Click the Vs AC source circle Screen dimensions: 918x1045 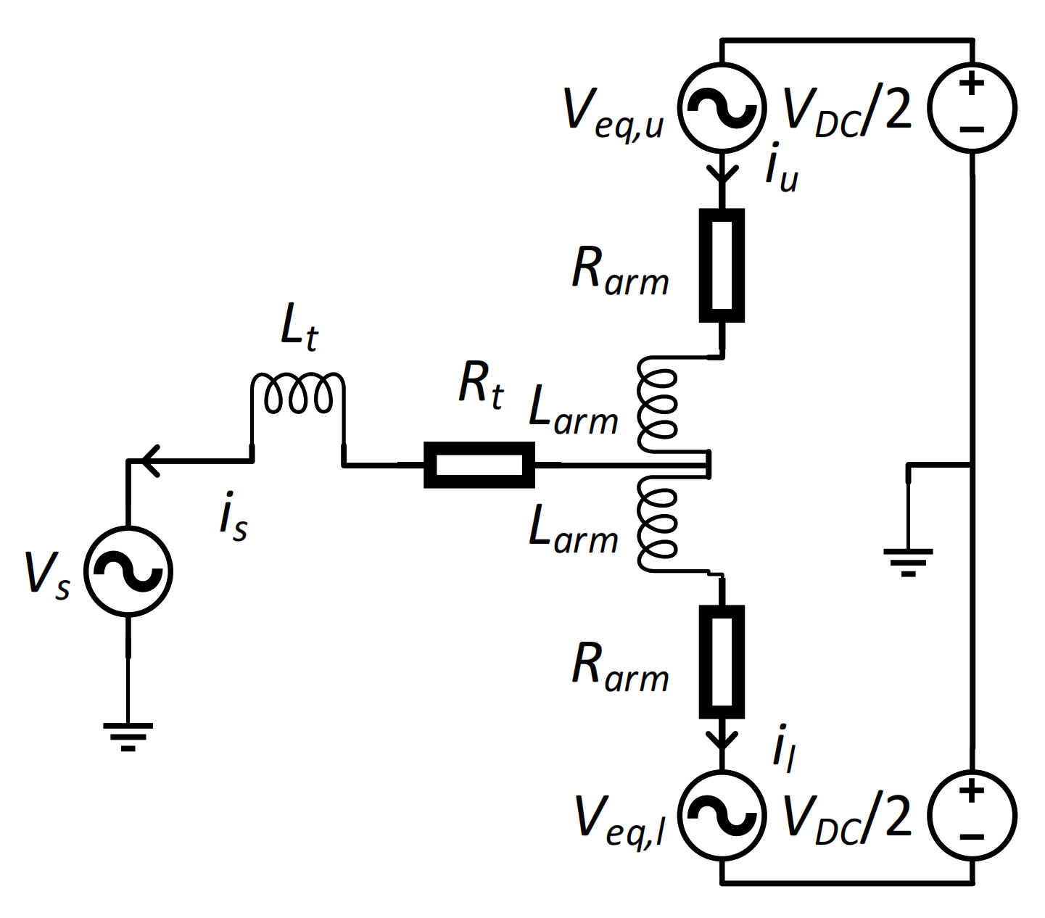tap(128, 571)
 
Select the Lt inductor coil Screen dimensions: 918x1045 tap(298, 394)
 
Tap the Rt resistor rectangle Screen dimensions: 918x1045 tap(479, 465)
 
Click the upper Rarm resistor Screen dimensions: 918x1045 tap(722, 265)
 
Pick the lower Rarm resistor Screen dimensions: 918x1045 tap(722, 661)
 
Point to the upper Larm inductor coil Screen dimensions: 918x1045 tap(656, 402)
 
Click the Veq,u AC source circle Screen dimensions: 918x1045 tap(722, 107)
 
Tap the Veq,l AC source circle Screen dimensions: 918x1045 tap(722, 815)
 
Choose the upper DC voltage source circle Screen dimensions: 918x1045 tap(972, 107)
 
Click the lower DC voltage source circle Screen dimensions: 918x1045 tap(972, 815)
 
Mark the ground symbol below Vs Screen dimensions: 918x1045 tap(128, 735)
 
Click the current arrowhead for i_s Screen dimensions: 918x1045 tap(150, 460)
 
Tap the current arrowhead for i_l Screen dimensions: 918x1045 tap(722, 741)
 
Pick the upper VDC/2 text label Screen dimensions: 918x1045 tap(847, 113)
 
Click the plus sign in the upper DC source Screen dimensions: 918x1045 tap(972, 83)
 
